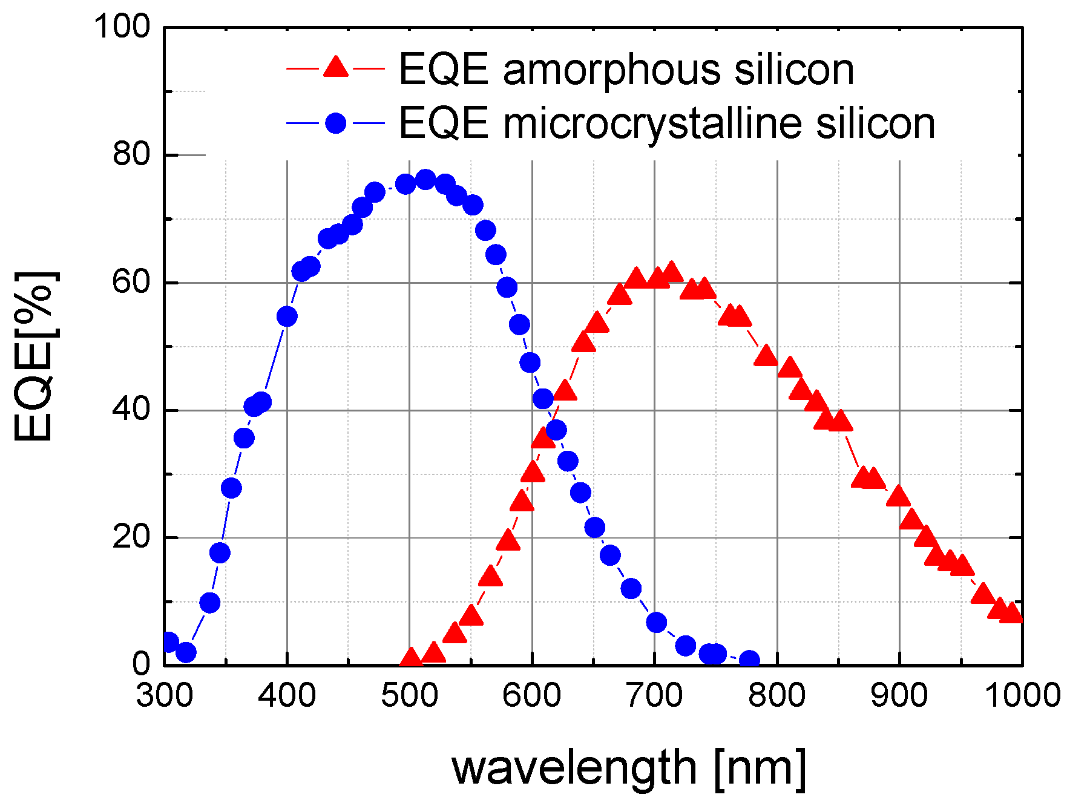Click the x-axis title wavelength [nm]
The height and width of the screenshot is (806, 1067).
(x=629, y=768)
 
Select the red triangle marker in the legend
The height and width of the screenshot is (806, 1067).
(x=336, y=67)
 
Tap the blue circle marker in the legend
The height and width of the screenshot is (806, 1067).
(x=336, y=123)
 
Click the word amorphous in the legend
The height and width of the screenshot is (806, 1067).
(x=612, y=70)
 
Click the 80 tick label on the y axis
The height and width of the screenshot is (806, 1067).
(x=131, y=154)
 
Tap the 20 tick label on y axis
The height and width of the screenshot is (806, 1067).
(x=131, y=537)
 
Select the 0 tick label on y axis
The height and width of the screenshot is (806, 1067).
(x=141, y=664)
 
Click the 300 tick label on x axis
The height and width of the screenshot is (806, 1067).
(x=165, y=695)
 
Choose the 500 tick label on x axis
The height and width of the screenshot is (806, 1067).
(x=409, y=695)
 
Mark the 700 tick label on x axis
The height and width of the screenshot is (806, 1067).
(x=654, y=695)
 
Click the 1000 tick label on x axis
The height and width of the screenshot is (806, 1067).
(x=1023, y=695)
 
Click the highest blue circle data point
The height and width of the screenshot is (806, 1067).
(x=425, y=180)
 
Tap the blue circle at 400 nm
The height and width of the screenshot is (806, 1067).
(x=287, y=316)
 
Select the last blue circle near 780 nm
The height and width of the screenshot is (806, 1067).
(x=749, y=660)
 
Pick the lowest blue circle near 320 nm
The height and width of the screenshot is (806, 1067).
(x=186, y=652)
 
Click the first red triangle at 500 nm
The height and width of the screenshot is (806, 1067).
(x=411, y=658)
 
